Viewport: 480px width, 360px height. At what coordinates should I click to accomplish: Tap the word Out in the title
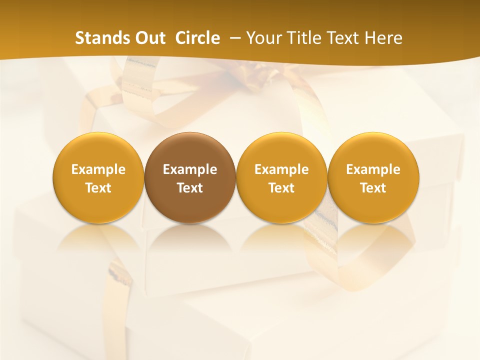[x=149, y=38]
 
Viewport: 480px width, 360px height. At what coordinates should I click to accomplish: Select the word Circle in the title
[x=197, y=38]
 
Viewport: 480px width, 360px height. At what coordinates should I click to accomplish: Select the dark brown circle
[x=190, y=178]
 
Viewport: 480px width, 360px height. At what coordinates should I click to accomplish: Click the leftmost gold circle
[x=98, y=178]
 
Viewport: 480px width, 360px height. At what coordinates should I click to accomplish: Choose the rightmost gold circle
[x=373, y=178]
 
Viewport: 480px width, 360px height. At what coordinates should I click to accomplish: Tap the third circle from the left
[x=281, y=178]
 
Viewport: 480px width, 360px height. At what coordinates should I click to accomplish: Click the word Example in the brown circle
[x=190, y=169]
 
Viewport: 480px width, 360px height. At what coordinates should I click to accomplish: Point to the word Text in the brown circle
[x=190, y=188]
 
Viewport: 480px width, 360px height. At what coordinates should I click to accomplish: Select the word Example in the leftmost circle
[x=98, y=169]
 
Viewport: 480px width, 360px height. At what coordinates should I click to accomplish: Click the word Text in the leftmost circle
[x=98, y=188]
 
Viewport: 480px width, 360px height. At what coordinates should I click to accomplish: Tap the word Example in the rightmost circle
[x=373, y=169]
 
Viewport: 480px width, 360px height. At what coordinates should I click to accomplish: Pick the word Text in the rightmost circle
[x=373, y=188]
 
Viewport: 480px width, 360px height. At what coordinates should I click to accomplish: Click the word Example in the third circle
[x=281, y=169]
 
